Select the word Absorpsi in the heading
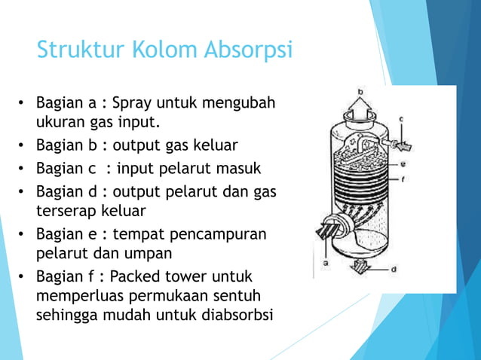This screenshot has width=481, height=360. pyautogui.click(x=248, y=50)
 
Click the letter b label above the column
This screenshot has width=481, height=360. pyautogui.click(x=360, y=93)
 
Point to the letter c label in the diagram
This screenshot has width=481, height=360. pyautogui.click(x=401, y=119)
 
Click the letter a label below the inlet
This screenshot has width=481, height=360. pyautogui.click(x=325, y=263)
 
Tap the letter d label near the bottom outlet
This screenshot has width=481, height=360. pyautogui.click(x=394, y=268)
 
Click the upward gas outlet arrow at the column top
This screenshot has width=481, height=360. pyautogui.click(x=360, y=110)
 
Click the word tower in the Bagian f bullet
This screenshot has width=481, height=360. pyautogui.click(x=188, y=276)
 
